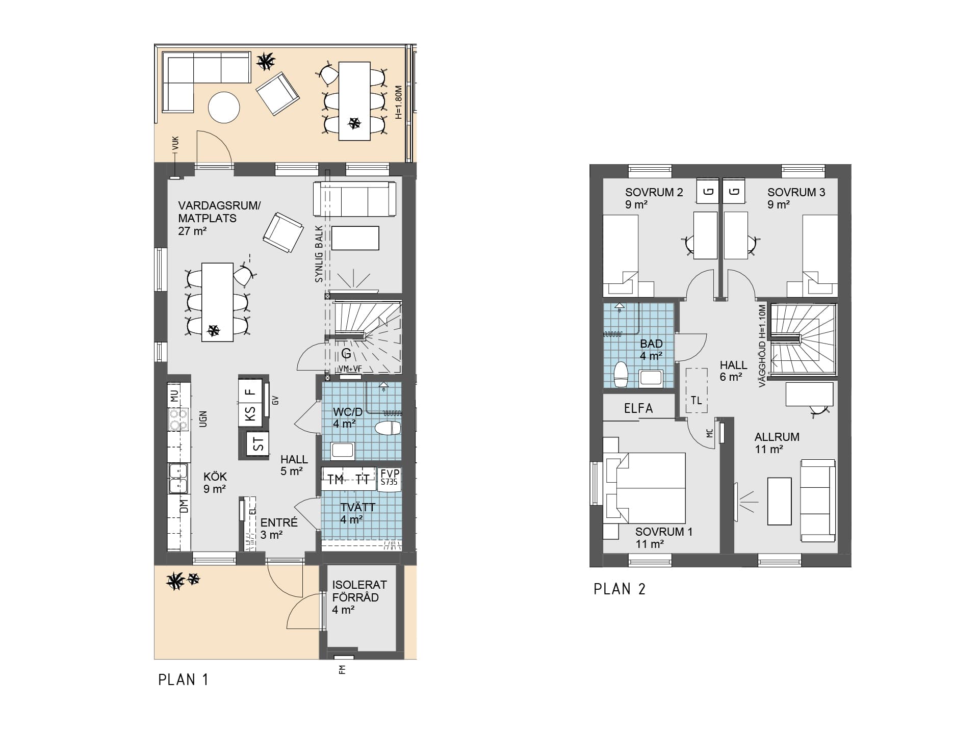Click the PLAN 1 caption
(x=184, y=680)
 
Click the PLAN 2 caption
(x=620, y=589)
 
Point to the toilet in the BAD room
(x=621, y=375)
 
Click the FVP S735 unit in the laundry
(x=390, y=480)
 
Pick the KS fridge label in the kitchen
(x=250, y=412)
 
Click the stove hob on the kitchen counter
(x=178, y=420)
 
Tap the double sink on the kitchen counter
(x=178, y=479)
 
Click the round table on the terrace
(x=224, y=107)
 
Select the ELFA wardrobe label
(x=638, y=408)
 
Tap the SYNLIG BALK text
(x=319, y=254)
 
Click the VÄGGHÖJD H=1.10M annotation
(x=762, y=346)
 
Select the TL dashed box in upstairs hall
(x=697, y=390)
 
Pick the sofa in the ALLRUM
(x=818, y=501)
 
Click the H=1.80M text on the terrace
(x=399, y=102)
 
